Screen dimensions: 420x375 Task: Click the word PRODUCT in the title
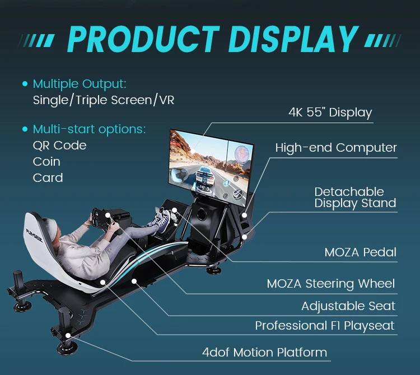(x=143, y=39)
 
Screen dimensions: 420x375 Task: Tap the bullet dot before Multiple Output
(x=25, y=84)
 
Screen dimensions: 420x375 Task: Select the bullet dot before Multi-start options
(x=25, y=129)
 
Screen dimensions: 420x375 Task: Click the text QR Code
(x=59, y=146)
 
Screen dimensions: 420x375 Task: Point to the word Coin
(x=46, y=162)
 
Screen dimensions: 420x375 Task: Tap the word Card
(x=48, y=178)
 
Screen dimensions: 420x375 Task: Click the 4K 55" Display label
(x=330, y=112)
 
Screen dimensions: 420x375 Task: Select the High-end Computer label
(x=336, y=148)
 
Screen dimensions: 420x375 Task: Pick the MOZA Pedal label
(x=360, y=252)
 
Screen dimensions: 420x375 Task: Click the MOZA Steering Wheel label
(x=331, y=284)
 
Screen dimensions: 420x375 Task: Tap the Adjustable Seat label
(x=348, y=306)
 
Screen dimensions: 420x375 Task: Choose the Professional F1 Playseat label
(x=325, y=326)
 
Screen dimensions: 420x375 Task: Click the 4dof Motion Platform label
(x=265, y=352)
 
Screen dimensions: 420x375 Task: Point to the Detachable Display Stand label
(x=355, y=198)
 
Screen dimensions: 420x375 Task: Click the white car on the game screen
(x=204, y=177)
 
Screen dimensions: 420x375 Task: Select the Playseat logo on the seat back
(x=34, y=236)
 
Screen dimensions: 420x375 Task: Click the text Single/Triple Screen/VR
(x=104, y=100)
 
